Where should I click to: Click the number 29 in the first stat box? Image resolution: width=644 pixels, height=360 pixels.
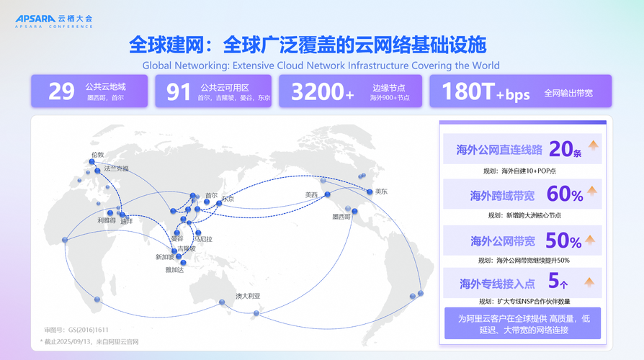(61, 91)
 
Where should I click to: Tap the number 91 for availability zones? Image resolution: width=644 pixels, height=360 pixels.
(178, 91)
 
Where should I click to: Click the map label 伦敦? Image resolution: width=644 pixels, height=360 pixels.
(97, 154)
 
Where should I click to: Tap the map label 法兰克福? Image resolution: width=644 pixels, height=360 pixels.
(117, 168)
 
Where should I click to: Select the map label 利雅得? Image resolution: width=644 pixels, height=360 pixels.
(107, 220)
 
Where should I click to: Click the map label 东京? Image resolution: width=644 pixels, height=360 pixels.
(228, 198)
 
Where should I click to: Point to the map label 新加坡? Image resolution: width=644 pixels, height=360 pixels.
(164, 257)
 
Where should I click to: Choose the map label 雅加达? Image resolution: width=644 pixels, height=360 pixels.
(174, 270)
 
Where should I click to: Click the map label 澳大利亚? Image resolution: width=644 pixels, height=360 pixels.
(248, 296)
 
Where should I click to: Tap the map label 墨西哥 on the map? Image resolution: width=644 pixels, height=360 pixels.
(341, 216)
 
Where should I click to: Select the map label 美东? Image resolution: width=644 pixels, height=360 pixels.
(381, 192)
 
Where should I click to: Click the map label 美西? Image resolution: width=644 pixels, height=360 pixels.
(311, 194)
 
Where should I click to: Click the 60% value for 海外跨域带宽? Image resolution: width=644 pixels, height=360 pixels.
(565, 194)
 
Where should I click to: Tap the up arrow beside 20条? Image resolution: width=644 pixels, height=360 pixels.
(594, 146)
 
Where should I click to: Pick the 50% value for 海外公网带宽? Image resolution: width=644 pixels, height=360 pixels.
(563, 240)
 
